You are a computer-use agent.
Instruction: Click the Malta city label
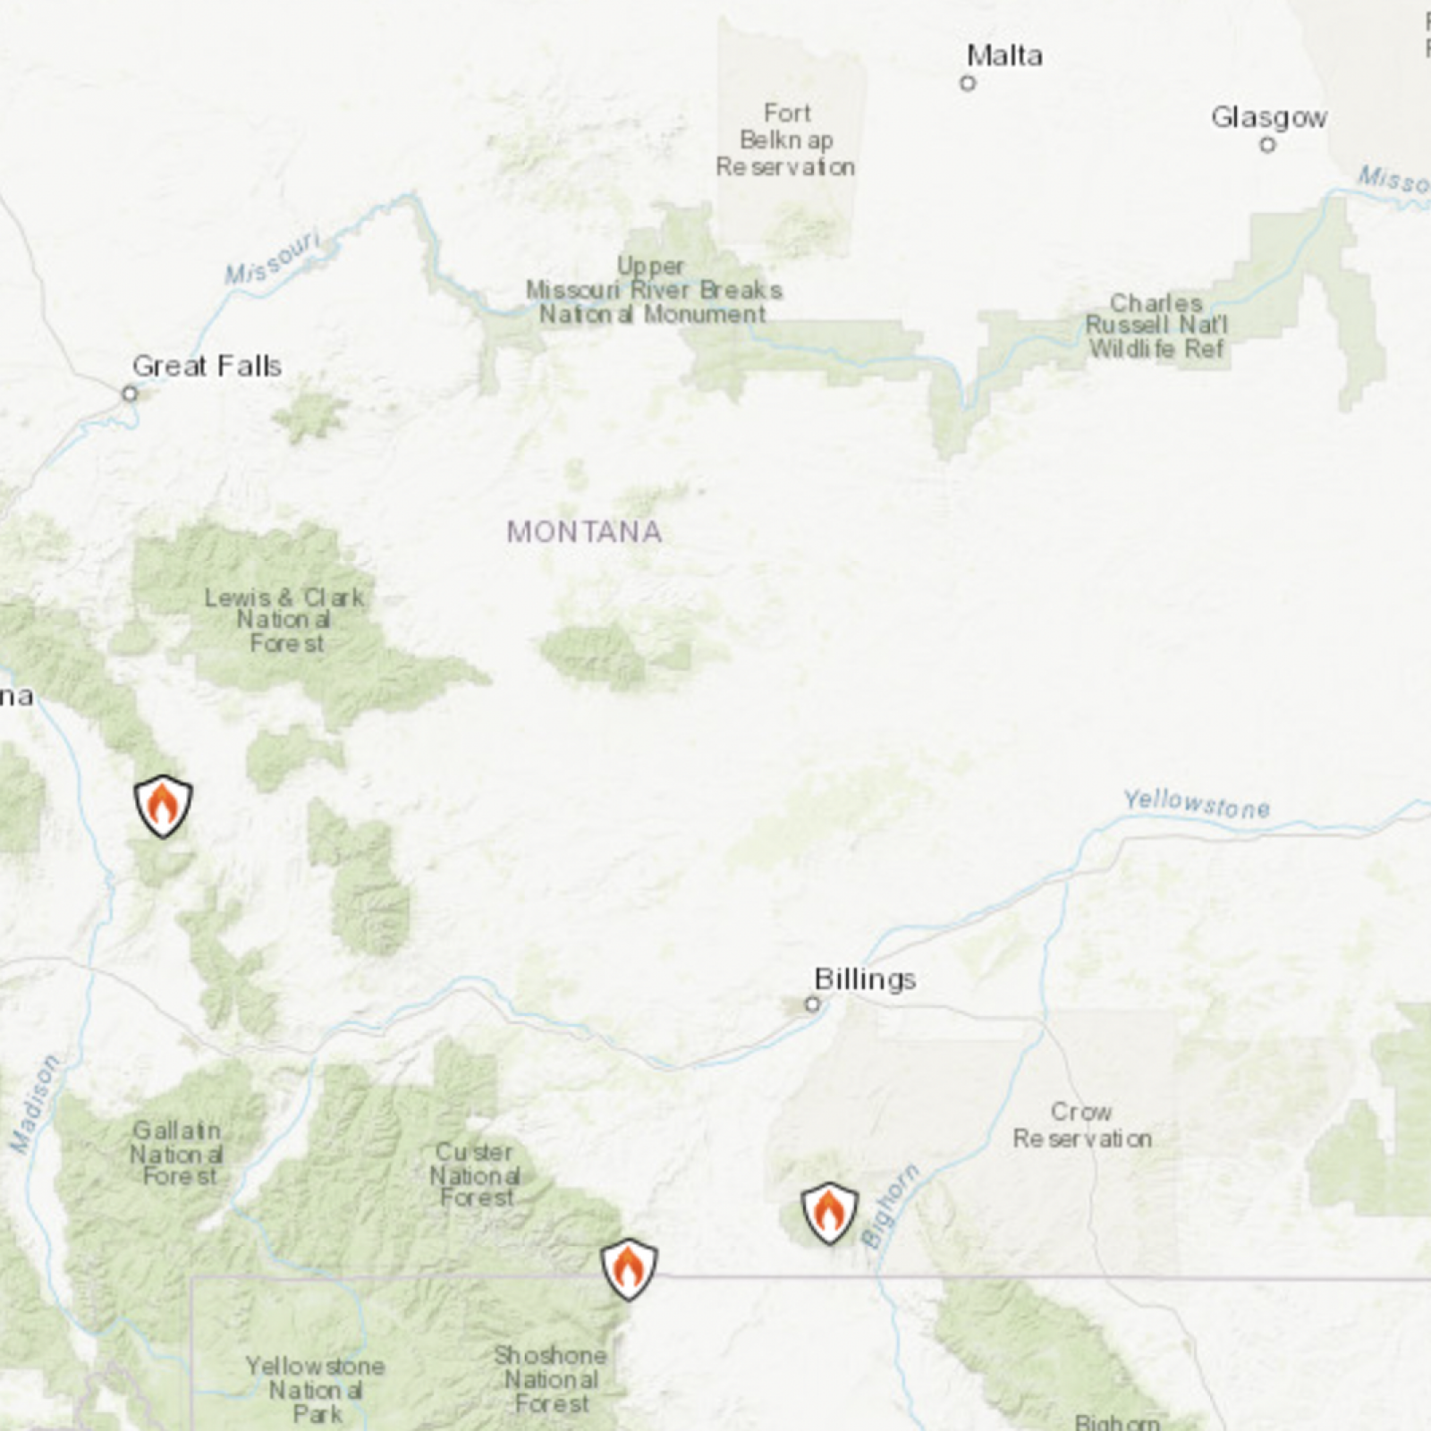[1004, 55]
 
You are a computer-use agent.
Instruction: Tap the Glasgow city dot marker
[1267, 145]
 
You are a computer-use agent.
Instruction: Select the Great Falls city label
[207, 366]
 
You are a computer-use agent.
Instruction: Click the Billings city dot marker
[812, 1004]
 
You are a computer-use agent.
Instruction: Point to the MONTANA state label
[584, 532]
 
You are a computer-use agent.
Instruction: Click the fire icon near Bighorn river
[829, 1213]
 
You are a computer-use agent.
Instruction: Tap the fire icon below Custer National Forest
[629, 1268]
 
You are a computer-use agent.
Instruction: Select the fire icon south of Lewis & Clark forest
[163, 805]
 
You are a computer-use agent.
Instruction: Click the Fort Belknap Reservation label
[785, 140]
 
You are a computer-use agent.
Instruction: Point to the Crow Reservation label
[1082, 1125]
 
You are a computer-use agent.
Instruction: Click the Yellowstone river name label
[1196, 804]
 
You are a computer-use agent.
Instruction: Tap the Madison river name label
[34, 1104]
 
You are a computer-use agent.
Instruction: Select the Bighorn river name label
[890, 1205]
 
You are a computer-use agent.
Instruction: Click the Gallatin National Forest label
[177, 1154]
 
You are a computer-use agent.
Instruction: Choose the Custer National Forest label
[475, 1174]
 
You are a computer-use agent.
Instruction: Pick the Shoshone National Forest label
[550, 1379]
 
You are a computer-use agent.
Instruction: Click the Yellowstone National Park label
[316, 1390]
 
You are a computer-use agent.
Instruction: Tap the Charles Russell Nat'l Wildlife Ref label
[1156, 326]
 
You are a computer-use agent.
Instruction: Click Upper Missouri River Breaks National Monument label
[654, 290]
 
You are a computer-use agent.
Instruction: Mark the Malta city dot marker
[968, 83]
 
